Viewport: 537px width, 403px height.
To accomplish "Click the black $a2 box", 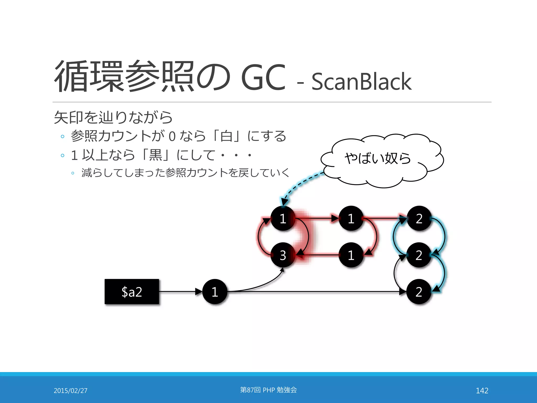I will (132, 291).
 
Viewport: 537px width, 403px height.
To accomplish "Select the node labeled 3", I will (283, 255).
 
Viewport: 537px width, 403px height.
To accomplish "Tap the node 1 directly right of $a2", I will (215, 291).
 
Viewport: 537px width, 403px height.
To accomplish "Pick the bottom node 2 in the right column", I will (419, 291).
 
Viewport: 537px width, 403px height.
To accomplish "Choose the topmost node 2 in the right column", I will (419, 218).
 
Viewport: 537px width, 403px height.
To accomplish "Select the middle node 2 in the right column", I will (419, 255).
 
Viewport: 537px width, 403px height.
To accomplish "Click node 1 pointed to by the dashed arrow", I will (283, 218).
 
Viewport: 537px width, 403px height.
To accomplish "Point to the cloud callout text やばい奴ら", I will (378, 158).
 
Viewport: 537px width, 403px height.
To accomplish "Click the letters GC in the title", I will (263, 77).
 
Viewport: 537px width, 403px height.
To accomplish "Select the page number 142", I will (482, 390).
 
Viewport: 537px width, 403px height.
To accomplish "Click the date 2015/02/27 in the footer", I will (71, 390).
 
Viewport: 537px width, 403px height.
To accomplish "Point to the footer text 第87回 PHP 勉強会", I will (268, 390).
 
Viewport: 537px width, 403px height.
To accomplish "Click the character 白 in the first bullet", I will (226, 136).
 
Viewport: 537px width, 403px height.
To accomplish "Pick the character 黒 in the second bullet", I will (155, 155).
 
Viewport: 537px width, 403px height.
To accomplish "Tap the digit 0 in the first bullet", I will (172, 136).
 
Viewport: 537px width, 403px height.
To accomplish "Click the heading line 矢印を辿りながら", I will (113, 117).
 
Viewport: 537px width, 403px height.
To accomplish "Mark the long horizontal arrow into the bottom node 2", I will (315, 291).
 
